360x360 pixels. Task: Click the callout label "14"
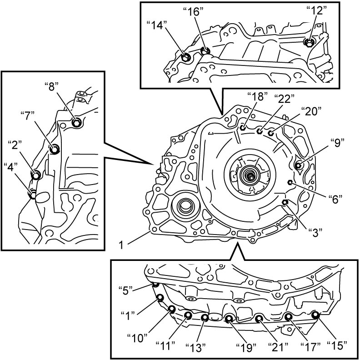point(156,25)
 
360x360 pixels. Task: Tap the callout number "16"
point(194,11)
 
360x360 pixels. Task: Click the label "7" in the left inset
point(27,116)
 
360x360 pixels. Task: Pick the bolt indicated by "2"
point(36,175)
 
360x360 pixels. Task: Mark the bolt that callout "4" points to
point(33,195)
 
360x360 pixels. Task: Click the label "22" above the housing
point(284,99)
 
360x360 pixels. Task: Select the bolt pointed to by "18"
point(243,127)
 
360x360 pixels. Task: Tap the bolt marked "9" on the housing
point(298,165)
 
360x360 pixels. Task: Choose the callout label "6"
point(335,199)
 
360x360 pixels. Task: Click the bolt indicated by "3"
point(285,202)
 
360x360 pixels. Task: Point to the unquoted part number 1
point(121,245)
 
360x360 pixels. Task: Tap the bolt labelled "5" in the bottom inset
point(155,284)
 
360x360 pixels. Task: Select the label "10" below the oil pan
point(137,338)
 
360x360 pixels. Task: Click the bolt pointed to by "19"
point(229,319)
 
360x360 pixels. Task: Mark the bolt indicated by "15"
point(315,315)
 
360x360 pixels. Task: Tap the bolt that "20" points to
point(271,133)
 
